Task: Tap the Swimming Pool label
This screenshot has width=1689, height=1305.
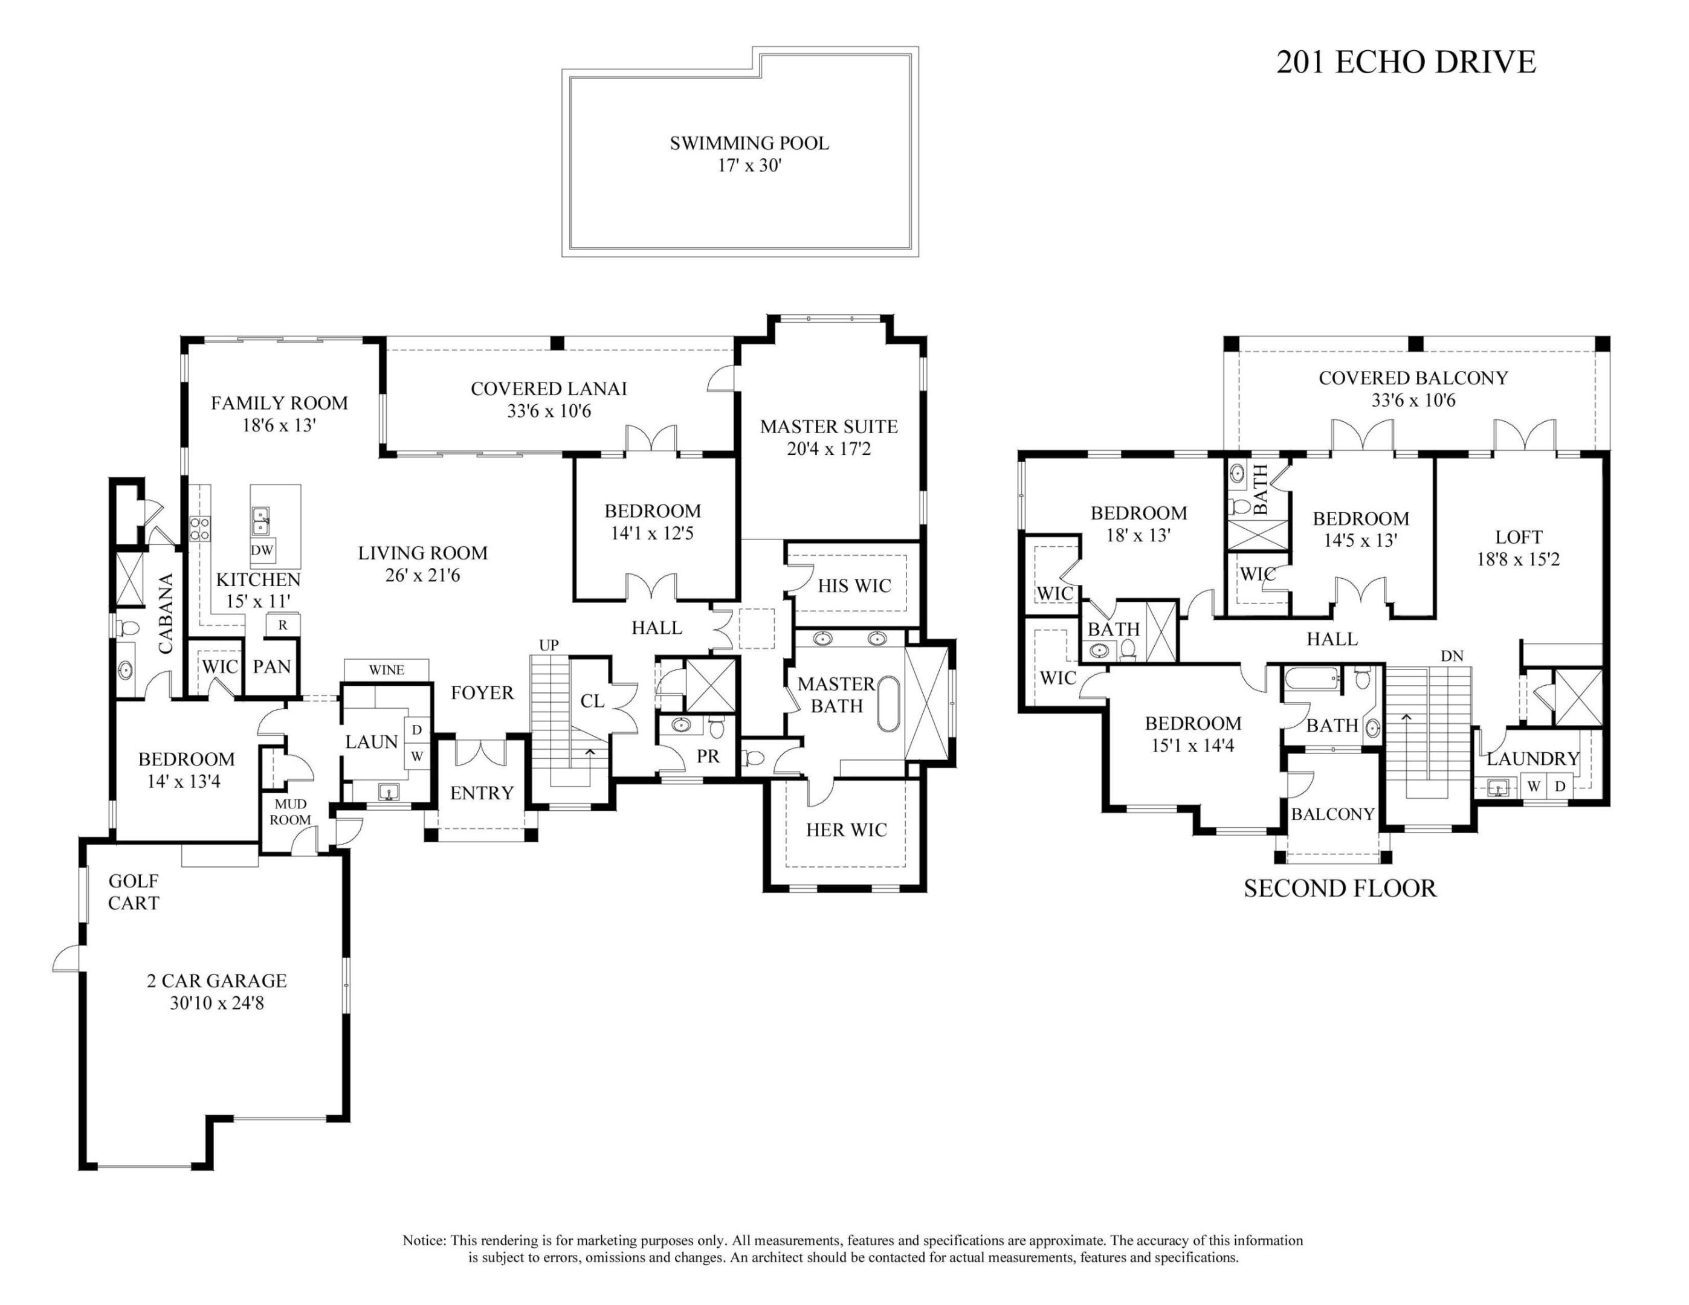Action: click(749, 143)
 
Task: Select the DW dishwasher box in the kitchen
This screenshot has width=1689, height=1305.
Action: click(262, 550)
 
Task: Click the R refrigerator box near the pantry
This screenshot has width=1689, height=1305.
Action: click(283, 625)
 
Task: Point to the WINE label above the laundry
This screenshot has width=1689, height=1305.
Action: click(386, 669)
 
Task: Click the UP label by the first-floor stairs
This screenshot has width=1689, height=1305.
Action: click(548, 645)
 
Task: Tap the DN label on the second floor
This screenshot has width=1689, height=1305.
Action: click(1452, 656)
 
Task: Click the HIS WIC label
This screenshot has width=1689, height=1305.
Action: click(854, 586)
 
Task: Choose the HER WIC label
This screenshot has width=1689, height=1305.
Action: click(846, 830)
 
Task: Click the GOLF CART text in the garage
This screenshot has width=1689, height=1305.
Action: click(134, 891)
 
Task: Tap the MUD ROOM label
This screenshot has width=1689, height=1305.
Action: click(291, 812)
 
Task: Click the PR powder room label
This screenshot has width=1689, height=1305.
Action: click(708, 756)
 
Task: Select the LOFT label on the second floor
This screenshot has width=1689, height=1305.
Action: click(1518, 537)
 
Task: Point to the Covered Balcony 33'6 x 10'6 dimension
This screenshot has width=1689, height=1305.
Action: click(1413, 401)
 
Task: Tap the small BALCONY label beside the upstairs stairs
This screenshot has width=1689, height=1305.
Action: click(1332, 814)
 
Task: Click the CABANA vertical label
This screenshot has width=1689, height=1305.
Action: click(166, 614)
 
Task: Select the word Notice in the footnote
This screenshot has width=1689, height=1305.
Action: click(424, 1240)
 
